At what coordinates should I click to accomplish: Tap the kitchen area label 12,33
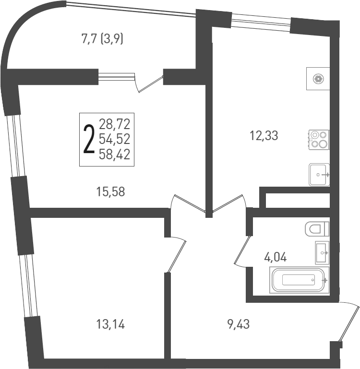pyautogui.click(x=264, y=135)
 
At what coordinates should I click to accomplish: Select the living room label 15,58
pyautogui.click(x=111, y=191)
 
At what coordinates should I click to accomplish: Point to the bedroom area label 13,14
pyautogui.click(x=111, y=325)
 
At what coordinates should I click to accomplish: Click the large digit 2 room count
pyautogui.click(x=89, y=139)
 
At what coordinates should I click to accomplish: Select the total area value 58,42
pyautogui.click(x=115, y=154)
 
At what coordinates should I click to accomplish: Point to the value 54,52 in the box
pyautogui.click(x=115, y=139)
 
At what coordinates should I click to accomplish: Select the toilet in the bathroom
pyautogui.click(x=317, y=229)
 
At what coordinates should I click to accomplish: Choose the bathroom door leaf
pyautogui.click(x=241, y=250)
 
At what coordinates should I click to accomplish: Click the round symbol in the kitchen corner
pyautogui.click(x=317, y=79)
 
